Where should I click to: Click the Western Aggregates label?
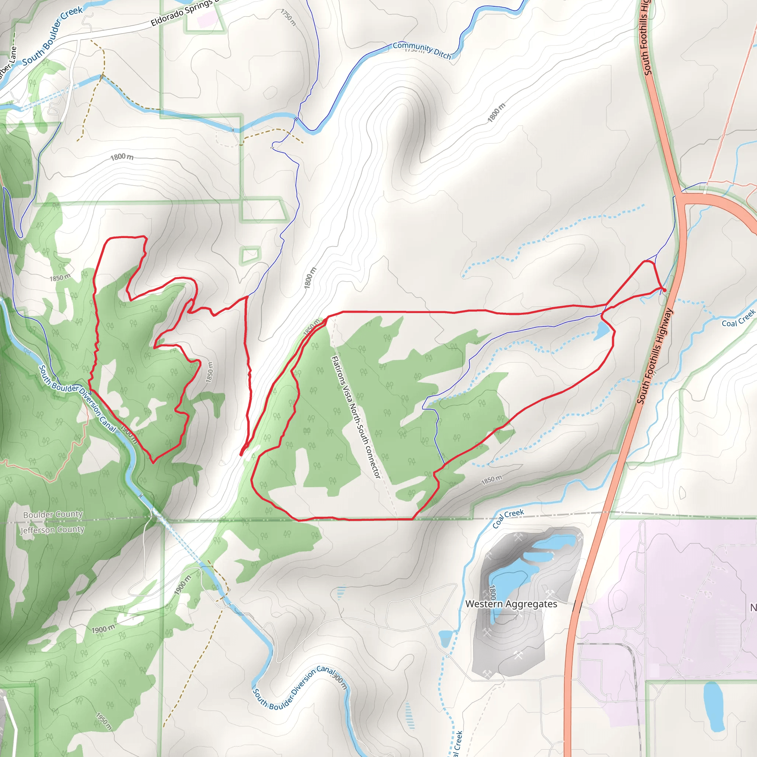[511, 604]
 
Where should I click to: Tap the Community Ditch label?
[422, 50]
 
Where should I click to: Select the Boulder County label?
[53, 515]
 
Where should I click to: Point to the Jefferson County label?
[52, 530]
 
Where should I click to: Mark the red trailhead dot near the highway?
[664, 290]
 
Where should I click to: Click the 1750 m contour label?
[288, 17]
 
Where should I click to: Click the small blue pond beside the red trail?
[601, 332]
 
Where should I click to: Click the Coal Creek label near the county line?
[508, 518]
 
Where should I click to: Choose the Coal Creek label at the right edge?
[738, 318]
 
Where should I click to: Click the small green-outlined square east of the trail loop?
[250, 255]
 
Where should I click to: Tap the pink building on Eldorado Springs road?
[206, 18]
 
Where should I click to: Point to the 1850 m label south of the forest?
[491, 479]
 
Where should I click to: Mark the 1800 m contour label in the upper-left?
[122, 157]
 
